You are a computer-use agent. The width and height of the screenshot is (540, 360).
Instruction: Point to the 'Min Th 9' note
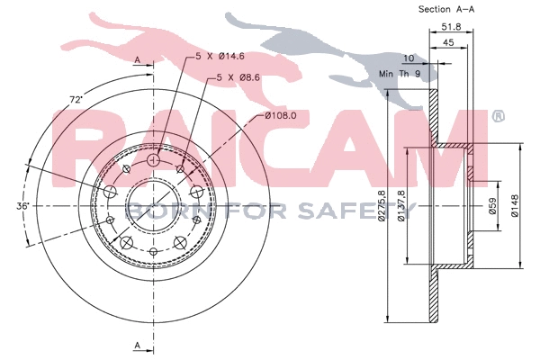point(399,73)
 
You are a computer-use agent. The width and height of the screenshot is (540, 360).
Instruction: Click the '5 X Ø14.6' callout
point(220,57)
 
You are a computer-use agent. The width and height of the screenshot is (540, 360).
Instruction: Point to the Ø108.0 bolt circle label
point(281,116)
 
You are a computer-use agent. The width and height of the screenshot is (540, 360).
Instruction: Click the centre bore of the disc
point(152,206)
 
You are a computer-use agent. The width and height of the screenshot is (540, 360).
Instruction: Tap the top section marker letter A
point(137,58)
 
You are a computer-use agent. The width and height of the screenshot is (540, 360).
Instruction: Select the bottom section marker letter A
point(137,346)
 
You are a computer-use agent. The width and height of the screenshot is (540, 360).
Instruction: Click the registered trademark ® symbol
point(499,116)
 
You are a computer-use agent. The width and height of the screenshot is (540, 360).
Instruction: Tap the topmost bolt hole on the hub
point(152,159)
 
